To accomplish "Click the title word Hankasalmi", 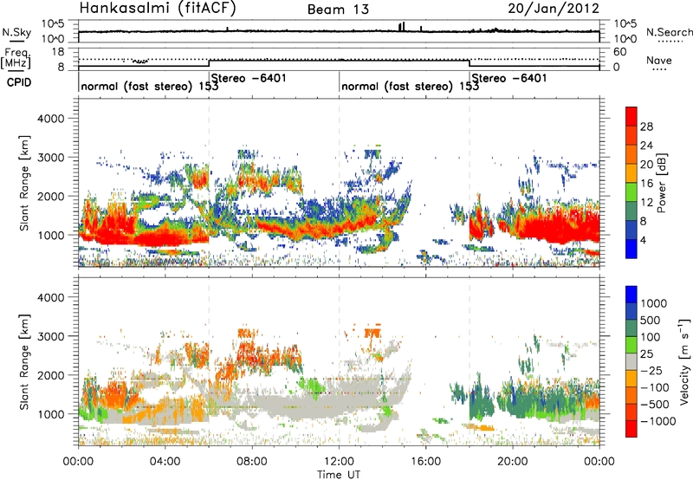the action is click(x=121, y=8).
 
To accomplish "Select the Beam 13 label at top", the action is click(x=338, y=10).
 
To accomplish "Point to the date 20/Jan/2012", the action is click(x=554, y=8).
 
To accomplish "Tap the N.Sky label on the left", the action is click(x=16, y=32).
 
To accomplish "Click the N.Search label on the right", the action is click(x=669, y=32).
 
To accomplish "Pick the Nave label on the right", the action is click(x=659, y=60).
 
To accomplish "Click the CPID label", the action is click(x=19, y=82).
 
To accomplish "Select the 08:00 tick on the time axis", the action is click(x=252, y=462).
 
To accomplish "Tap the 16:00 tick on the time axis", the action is click(x=425, y=462).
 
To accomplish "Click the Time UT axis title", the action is click(x=339, y=475).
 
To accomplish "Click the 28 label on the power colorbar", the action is click(x=646, y=126).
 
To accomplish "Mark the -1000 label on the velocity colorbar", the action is click(x=658, y=421).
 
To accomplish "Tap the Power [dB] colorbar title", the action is click(x=661, y=183).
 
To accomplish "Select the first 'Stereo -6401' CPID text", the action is click(x=249, y=78).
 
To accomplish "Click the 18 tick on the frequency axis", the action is click(x=58, y=52).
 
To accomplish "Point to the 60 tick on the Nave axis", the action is click(x=620, y=52).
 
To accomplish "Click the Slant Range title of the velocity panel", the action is click(x=24, y=361).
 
